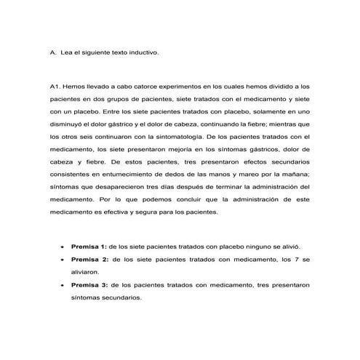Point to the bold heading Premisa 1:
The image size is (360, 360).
(89, 247)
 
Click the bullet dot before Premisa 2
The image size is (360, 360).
(62, 260)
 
